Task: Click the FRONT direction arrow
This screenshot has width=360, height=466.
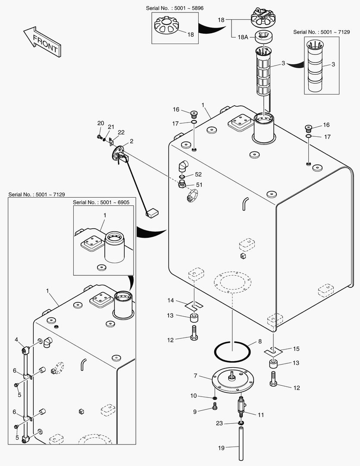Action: [42, 41]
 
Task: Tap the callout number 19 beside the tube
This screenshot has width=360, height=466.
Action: [221, 448]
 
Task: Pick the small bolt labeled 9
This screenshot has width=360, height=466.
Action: [215, 406]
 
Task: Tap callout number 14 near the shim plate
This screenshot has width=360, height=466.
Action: [171, 300]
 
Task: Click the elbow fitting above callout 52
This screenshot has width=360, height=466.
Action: [183, 166]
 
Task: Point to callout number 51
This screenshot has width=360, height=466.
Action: [198, 185]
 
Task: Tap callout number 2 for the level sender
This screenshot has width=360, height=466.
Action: [131, 141]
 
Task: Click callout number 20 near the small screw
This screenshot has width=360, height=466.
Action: [100, 123]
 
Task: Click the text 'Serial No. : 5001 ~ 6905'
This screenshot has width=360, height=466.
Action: [101, 202]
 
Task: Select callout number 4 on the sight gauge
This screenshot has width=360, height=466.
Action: [17, 340]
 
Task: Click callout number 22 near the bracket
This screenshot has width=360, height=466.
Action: [121, 132]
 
